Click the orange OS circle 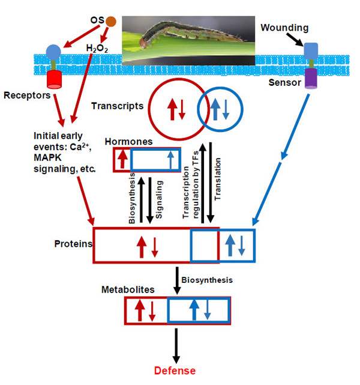tap(110, 22)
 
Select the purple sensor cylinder tap(311, 78)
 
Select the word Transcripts tap(117, 106)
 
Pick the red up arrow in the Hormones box tap(122, 160)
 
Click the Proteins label tap(73, 243)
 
